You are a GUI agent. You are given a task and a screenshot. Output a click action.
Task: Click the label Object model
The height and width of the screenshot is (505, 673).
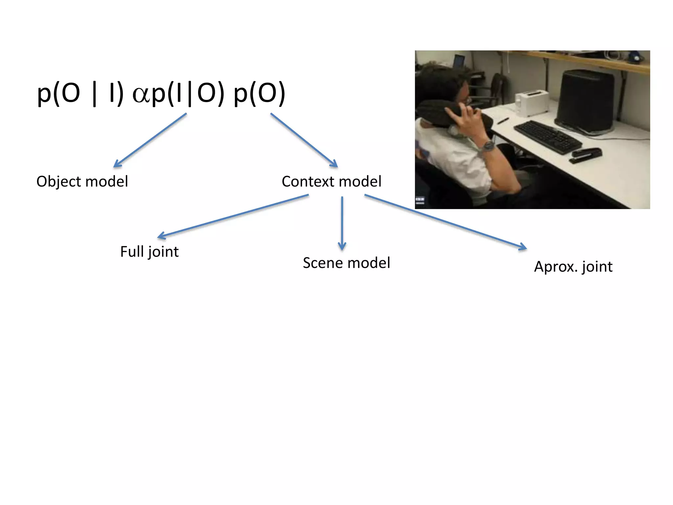(82, 181)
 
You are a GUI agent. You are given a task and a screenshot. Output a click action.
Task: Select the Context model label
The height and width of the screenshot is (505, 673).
(331, 181)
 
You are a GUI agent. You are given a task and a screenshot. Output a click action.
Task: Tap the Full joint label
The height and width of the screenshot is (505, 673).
(149, 252)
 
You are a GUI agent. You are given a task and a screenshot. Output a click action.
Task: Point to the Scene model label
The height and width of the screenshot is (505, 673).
(346, 263)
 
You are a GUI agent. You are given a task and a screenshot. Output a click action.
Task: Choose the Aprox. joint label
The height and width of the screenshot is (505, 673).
(573, 267)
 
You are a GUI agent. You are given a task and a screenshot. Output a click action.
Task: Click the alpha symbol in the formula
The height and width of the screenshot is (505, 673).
(141, 95)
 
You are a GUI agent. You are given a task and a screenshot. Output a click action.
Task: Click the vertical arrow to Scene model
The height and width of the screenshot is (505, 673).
(342, 224)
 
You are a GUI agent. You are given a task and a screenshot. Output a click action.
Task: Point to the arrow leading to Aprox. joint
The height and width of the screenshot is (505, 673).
(445, 222)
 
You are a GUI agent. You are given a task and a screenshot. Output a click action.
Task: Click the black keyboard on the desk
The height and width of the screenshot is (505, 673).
(547, 137)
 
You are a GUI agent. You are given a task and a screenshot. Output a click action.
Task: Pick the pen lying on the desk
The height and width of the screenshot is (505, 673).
(503, 121)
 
